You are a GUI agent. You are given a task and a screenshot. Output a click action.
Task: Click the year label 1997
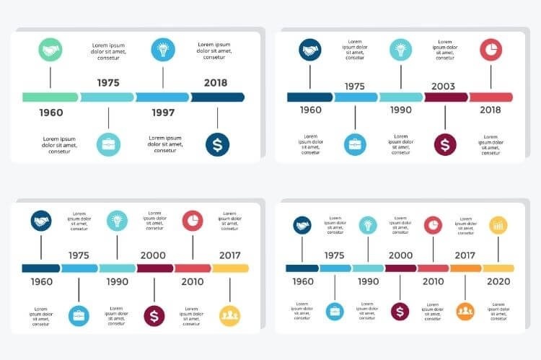[x=163, y=113]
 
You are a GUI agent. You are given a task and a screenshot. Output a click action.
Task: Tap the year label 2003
[x=443, y=87]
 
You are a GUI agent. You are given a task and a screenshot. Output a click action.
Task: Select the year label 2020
[x=498, y=281]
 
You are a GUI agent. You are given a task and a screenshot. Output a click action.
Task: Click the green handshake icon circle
[x=50, y=51]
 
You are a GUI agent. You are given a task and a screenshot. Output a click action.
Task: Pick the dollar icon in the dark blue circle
[x=217, y=144]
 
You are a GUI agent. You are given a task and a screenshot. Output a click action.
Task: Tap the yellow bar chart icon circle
[x=498, y=226]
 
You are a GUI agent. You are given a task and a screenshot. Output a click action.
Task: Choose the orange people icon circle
[x=465, y=311]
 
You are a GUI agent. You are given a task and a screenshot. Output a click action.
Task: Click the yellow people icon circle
[x=229, y=315]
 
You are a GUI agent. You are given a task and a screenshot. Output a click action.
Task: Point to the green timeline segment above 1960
[x=50, y=97]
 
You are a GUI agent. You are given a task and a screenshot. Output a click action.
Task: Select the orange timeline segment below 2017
[x=466, y=268]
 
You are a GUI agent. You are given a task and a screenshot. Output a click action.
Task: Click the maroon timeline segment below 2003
[x=446, y=97]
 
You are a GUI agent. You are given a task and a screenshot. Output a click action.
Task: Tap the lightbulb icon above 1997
[x=163, y=50]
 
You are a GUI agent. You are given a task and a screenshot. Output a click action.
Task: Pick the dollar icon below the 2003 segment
[x=445, y=144]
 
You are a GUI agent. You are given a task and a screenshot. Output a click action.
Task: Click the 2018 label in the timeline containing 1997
[x=215, y=83]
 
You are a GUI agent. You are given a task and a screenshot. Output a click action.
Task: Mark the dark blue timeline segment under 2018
[x=217, y=97]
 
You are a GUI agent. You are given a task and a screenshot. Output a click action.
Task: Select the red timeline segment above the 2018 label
[x=491, y=97]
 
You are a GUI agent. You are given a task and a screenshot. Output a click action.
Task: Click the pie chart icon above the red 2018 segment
[x=491, y=50]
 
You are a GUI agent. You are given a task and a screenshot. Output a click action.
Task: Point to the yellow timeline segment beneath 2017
[x=230, y=268]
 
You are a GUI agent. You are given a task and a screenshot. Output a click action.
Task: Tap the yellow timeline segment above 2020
[x=498, y=268]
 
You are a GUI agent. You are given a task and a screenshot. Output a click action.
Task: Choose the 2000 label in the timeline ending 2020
[x=400, y=255]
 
